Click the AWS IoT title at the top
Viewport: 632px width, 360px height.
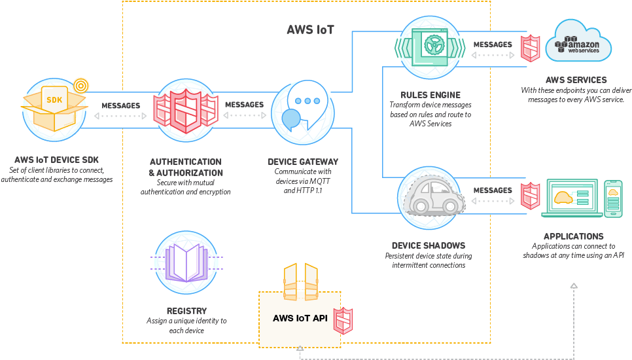click(x=311, y=29)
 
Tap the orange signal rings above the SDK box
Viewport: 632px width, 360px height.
click(x=80, y=84)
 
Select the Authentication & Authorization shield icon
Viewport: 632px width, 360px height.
click(x=185, y=111)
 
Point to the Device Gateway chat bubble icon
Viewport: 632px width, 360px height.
click(x=302, y=112)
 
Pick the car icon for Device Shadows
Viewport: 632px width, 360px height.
click(x=432, y=194)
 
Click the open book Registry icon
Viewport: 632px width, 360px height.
click(x=186, y=262)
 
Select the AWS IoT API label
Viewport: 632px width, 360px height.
click(x=301, y=319)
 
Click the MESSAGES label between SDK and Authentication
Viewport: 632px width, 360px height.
click(x=120, y=105)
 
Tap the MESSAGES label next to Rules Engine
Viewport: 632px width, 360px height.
click(x=493, y=45)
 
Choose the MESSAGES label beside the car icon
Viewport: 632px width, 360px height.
click(x=493, y=190)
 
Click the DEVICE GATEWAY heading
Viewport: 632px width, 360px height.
click(x=303, y=162)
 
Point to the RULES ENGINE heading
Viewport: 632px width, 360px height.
click(x=430, y=95)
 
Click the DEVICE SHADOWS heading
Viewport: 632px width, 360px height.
click(x=429, y=245)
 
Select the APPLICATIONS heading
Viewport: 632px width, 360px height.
click(x=574, y=236)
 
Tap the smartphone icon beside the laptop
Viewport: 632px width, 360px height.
click(x=613, y=198)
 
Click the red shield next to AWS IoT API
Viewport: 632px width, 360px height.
click(x=344, y=320)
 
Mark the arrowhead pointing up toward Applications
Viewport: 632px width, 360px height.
click(x=574, y=286)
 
